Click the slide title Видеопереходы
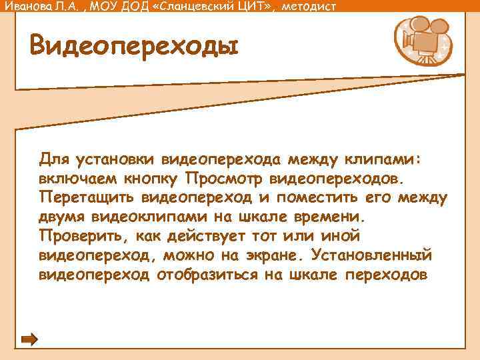tap(133, 46)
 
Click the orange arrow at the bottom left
tap(29, 339)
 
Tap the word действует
tap(209, 237)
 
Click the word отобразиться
tap(203, 275)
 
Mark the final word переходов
tap(387, 275)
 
